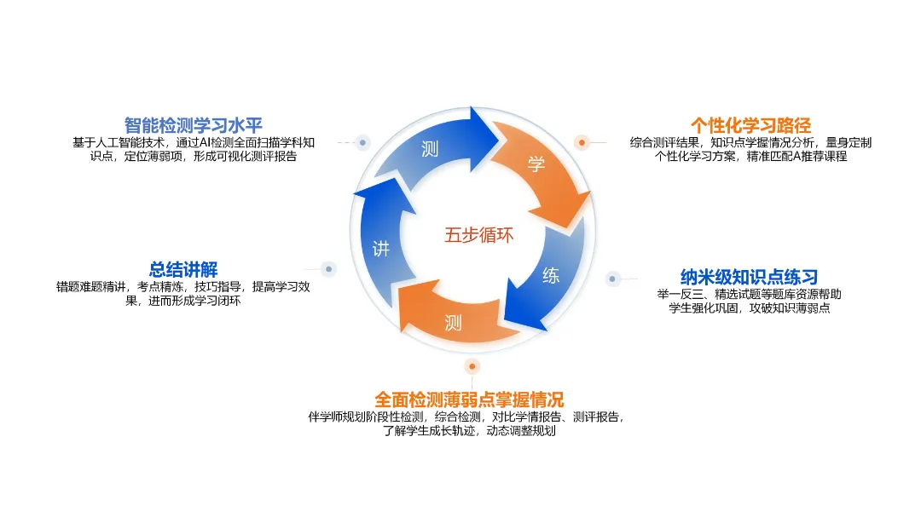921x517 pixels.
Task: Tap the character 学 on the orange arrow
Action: [x=536, y=165]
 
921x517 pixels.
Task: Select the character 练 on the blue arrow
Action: [x=552, y=276]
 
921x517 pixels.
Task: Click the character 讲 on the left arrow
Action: [x=381, y=249]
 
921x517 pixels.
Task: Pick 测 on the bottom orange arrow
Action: [x=453, y=322]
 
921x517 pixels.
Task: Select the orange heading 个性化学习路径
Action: [x=750, y=125]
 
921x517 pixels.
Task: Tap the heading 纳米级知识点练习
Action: [x=749, y=277]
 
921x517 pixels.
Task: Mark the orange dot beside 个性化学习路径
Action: [x=582, y=142]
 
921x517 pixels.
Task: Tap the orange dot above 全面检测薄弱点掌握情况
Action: [x=472, y=366]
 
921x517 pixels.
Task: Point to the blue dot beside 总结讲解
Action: [x=329, y=269]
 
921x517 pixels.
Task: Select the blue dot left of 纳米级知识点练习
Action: [x=612, y=279]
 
